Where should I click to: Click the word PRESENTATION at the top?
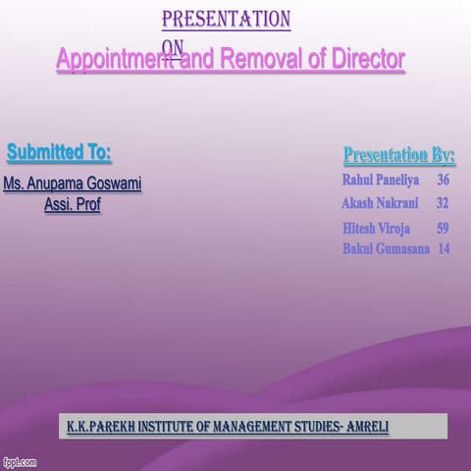[226, 19]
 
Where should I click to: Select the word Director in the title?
[362, 60]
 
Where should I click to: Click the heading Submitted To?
[59, 153]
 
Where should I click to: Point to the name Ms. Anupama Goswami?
[73, 183]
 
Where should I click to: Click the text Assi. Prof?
[73, 205]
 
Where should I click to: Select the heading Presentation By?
[399, 155]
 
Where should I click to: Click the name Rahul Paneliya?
[381, 181]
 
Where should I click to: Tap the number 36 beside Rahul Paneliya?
[444, 181]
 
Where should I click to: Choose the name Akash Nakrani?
[380, 203]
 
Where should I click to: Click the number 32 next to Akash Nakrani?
[443, 203]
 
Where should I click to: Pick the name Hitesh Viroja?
[377, 228]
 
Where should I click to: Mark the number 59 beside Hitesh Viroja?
[444, 228]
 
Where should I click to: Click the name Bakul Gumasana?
[387, 249]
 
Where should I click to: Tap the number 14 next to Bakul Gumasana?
[445, 249]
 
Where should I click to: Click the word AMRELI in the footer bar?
[365, 427]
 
